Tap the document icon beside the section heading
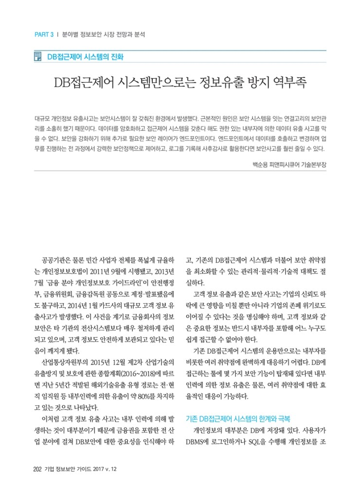point(37,57)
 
